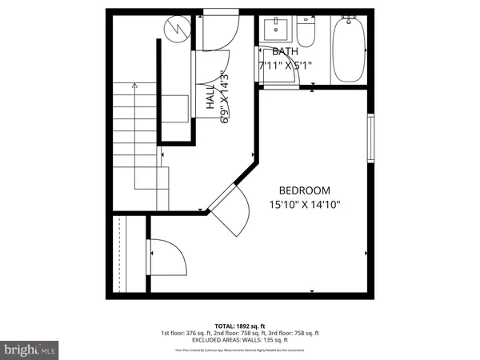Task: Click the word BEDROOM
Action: click(304, 190)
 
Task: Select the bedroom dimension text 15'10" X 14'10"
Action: click(304, 205)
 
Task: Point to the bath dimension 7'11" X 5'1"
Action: click(284, 66)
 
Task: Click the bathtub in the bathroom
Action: click(349, 50)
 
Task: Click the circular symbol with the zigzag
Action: click(176, 30)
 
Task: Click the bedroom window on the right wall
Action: click(370, 138)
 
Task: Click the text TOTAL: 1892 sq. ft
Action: click(240, 326)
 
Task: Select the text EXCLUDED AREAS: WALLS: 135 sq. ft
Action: click(240, 339)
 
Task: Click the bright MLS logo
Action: click(30, 350)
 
